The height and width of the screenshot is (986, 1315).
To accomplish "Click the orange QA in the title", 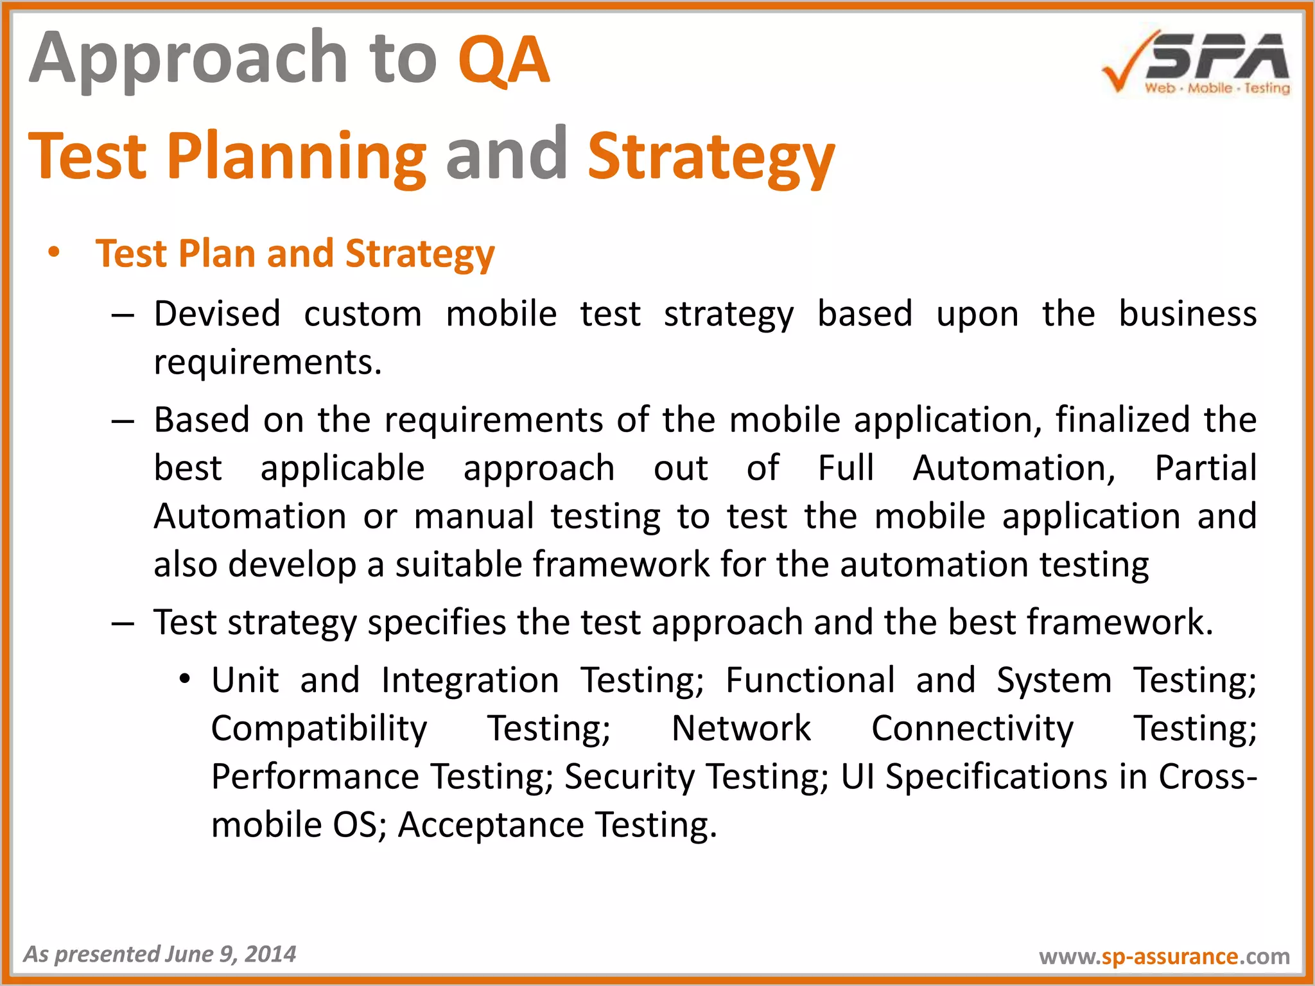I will coord(503,60).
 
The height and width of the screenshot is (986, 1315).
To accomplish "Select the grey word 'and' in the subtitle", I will coord(506,155).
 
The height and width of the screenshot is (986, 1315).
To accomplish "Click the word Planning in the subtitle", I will coord(297,157).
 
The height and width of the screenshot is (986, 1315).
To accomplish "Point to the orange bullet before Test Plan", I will coord(54,252).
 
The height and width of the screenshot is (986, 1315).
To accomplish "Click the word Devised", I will coord(217,314).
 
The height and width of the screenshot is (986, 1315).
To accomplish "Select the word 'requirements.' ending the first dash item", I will coord(268,362).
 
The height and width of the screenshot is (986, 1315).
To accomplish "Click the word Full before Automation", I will coord(846,468).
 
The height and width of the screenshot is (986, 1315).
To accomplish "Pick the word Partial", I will coord(1205,468).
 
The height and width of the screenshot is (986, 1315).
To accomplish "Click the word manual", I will coord(474,516).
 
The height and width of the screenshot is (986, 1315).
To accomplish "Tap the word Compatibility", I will coord(319,729).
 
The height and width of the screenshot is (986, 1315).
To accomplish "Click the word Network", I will coord(741,729).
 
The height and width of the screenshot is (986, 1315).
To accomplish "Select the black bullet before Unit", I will coord(185,680).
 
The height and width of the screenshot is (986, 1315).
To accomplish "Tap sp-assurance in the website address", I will coord(1169,956).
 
